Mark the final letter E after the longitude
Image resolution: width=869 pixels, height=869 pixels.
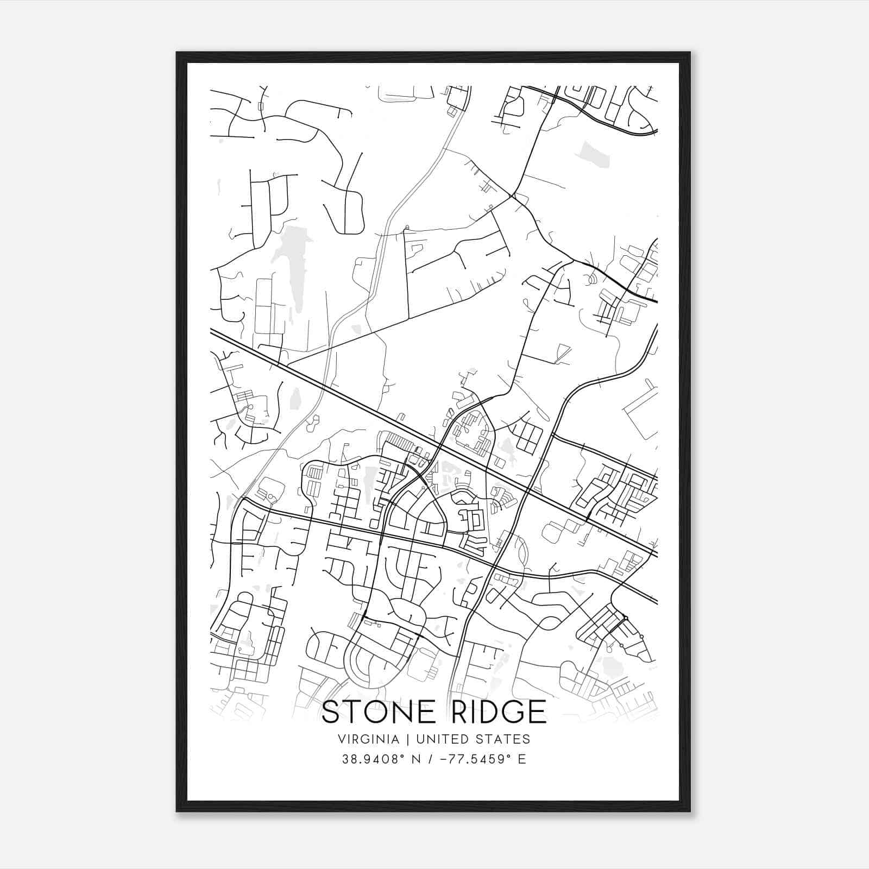(x=522, y=759)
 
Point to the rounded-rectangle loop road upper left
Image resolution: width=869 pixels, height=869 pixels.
(x=348, y=212)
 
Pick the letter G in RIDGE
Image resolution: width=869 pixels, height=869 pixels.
(x=511, y=711)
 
